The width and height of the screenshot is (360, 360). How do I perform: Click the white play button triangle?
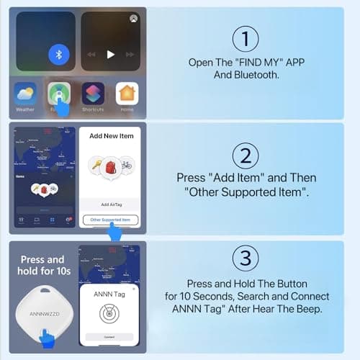(x=110, y=54)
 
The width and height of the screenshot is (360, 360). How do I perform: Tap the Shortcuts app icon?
(x=93, y=94)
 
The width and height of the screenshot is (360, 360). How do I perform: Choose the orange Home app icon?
(x=127, y=94)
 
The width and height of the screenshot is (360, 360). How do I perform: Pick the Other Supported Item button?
(x=110, y=219)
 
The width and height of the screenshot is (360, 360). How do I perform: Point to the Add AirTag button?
(x=110, y=204)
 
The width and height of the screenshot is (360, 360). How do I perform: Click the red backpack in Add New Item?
(x=111, y=166)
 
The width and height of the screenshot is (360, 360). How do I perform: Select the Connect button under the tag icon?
(x=109, y=337)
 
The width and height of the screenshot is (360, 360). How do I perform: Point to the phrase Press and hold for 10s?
(x=40, y=264)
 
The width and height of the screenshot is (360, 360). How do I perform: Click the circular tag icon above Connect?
(x=109, y=315)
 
